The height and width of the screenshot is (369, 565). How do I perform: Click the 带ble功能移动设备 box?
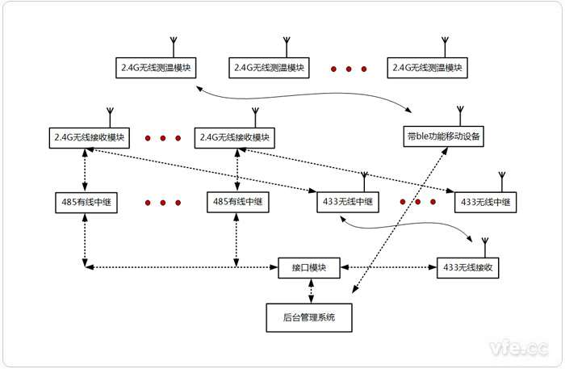click(444, 137)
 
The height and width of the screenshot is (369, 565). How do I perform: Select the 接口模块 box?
click(308, 266)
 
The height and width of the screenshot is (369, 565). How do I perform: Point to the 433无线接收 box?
click(468, 266)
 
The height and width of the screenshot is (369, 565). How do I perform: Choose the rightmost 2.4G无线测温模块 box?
click(426, 67)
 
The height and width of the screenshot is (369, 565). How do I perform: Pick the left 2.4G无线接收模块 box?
click(90, 137)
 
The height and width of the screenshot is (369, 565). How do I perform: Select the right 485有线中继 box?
click(236, 202)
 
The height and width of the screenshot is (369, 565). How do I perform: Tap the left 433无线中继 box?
click(345, 202)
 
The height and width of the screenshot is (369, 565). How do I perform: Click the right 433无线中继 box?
click(484, 202)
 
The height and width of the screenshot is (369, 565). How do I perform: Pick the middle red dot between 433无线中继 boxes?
click(418, 202)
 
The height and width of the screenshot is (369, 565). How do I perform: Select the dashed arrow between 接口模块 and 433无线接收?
click(391, 266)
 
